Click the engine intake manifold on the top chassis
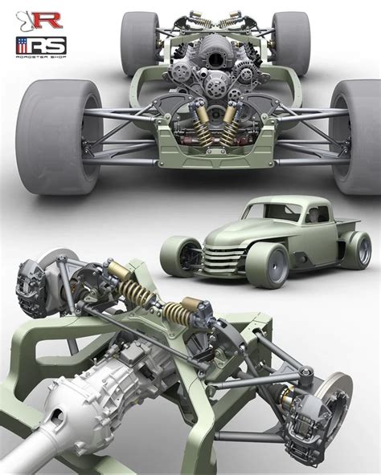[190, 52]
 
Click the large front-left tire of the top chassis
[48, 136]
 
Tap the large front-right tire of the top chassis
[354, 136]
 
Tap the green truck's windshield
[272, 210]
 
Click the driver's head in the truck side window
[313, 214]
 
